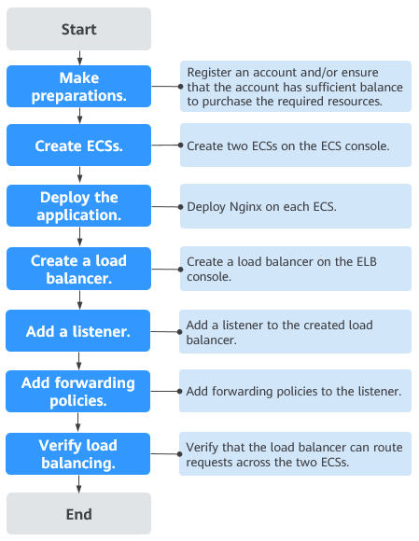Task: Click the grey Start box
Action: click(x=78, y=29)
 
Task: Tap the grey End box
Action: click(x=78, y=514)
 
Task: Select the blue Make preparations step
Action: click(x=78, y=86)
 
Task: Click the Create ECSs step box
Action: click(x=78, y=146)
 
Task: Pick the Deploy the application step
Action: click(x=78, y=205)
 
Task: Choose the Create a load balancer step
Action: click(x=78, y=269)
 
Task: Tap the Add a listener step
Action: click(x=78, y=331)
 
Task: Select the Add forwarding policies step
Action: click(x=78, y=391)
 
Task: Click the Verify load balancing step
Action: click(x=78, y=453)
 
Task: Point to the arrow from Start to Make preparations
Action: click(x=79, y=58)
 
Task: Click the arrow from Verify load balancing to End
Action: click(x=79, y=484)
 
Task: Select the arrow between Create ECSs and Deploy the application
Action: click(x=79, y=175)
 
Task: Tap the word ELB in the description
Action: click(x=367, y=261)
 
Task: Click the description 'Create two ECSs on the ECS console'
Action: click(x=287, y=146)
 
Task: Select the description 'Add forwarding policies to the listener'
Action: click(x=294, y=391)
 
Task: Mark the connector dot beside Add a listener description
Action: click(x=180, y=332)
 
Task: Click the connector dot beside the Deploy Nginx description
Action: click(x=180, y=207)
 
